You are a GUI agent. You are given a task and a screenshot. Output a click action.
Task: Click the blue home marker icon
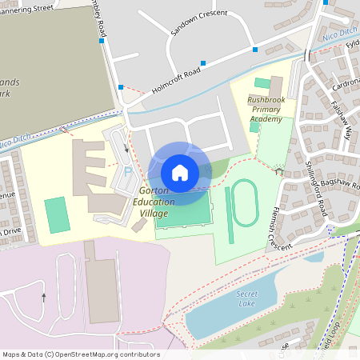click(180, 173)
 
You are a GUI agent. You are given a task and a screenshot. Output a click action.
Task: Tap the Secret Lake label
click(247, 298)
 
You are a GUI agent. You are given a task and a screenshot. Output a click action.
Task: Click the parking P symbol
click(126, 171)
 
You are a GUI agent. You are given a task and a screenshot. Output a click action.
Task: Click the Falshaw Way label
click(336, 119)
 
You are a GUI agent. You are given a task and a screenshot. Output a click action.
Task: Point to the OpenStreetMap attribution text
click(81, 354)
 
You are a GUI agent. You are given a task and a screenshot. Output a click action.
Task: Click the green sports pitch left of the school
click(57, 214)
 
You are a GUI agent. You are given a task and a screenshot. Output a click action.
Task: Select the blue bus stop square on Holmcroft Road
click(203, 62)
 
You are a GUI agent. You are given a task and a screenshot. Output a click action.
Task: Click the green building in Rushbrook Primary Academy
click(262, 82)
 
